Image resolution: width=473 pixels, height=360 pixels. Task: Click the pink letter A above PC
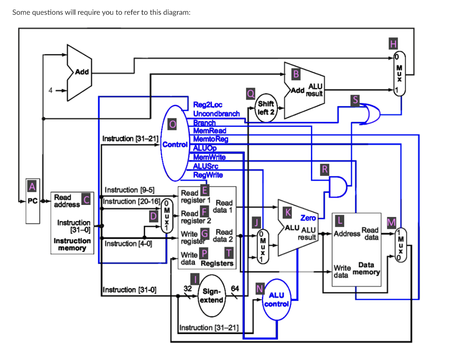(31, 186)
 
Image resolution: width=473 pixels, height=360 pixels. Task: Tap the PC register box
(31, 201)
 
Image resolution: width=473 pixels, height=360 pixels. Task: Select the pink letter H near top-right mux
(393, 44)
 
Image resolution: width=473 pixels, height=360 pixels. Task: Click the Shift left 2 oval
(266, 108)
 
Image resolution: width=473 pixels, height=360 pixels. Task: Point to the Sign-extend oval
(212, 296)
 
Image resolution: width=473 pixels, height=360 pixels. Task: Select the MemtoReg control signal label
(210, 139)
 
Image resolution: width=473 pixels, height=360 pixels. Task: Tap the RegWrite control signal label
(208, 174)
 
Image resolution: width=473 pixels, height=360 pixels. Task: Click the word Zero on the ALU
(308, 218)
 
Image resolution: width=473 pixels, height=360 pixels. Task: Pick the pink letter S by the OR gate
(355, 100)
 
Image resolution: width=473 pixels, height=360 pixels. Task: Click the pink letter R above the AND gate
(325, 169)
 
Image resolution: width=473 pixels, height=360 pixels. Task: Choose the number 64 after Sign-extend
(235, 288)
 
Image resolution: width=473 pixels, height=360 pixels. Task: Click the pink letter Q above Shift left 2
(250, 94)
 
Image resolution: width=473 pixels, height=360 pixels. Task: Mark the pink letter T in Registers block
(228, 252)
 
